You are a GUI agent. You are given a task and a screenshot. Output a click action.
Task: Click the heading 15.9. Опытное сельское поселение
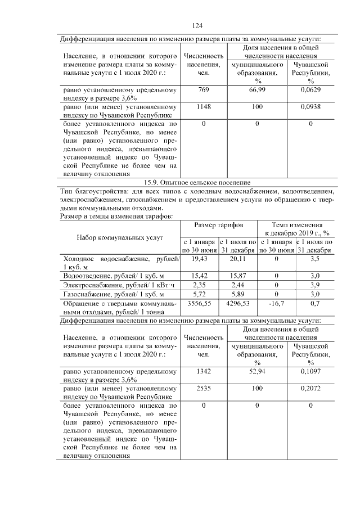click(197, 182)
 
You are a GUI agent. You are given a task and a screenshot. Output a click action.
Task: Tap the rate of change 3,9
click(315, 285)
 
